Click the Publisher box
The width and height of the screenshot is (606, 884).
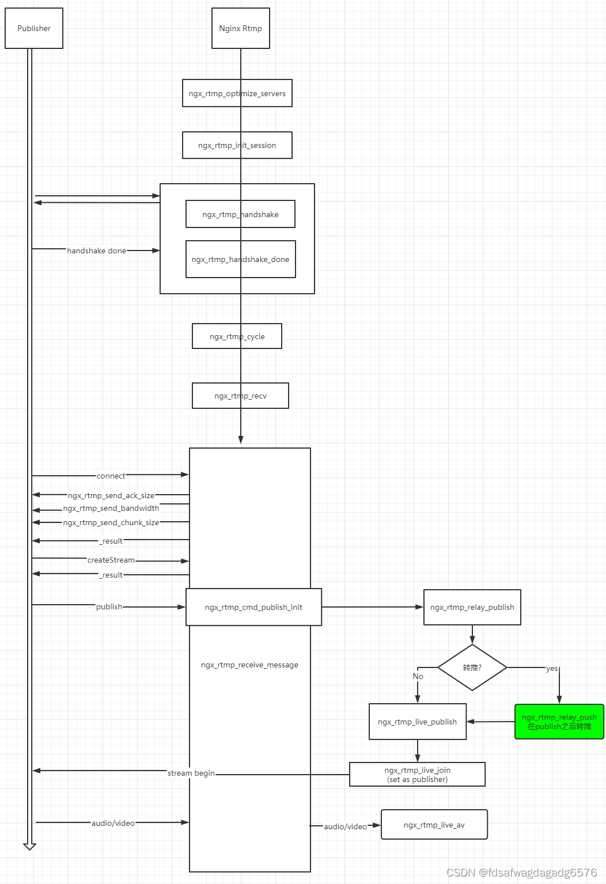pos(34,28)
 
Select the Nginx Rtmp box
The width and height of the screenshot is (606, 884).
pos(240,28)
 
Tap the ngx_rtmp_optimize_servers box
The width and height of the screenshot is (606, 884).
pos(237,93)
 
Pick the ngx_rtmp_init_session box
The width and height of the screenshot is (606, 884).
pos(237,145)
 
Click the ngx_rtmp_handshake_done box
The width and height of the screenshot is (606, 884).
pos(241,259)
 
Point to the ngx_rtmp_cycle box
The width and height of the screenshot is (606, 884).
pos(237,336)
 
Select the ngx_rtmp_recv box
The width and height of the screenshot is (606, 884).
pos(240,396)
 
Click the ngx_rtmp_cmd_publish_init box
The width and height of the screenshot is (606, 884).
pos(253,607)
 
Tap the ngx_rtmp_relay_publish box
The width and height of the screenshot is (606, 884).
pos(472,607)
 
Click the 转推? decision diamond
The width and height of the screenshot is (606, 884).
pos(472,667)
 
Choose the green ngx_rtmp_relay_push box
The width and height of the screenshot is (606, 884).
pos(559,722)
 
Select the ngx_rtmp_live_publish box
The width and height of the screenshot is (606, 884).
pos(418,722)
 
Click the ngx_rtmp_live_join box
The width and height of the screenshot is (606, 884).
pos(418,775)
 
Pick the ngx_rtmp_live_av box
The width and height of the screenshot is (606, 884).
pos(434,825)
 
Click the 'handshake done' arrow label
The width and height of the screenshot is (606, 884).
pos(97,251)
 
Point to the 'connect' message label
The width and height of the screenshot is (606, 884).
pos(111,476)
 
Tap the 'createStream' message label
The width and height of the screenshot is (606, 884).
pos(111,560)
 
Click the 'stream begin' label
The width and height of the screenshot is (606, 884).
pos(191,773)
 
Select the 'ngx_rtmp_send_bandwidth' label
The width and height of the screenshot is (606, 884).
pos(111,508)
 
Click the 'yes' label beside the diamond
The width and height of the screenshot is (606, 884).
pos(552,669)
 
